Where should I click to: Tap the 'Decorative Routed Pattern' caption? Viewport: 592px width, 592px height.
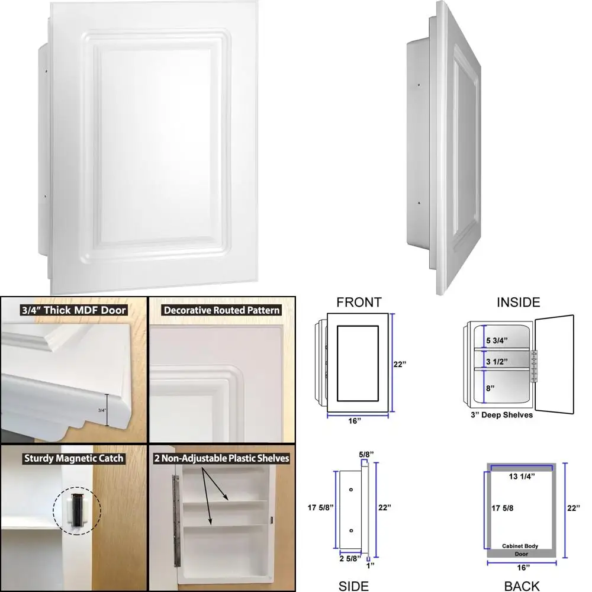tap(222, 310)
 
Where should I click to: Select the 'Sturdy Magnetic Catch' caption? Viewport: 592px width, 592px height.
tap(74, 458)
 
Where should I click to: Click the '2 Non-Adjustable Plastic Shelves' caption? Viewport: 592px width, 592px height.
tap(222, 458)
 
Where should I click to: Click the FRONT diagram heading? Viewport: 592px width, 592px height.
tap(359, 303)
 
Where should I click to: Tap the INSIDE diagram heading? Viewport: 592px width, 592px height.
tap(519, 303)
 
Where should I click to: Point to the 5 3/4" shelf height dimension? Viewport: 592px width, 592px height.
tap(497, 340)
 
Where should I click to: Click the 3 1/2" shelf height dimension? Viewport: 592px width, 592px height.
tap(497, 361)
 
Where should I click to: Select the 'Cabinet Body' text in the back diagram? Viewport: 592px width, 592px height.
tap(520, 546)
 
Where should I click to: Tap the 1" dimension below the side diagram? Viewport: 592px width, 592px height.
tap(370, 565)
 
